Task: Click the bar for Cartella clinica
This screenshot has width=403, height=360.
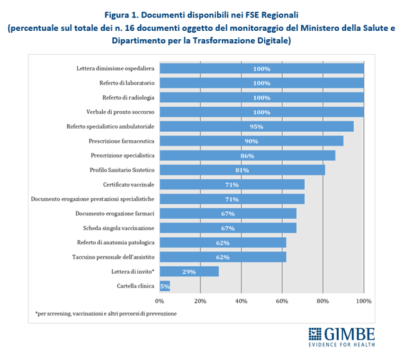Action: coord(165,285)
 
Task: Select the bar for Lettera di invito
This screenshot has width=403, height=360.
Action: coord(189,271)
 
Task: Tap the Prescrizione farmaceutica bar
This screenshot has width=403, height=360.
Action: coord(251,141)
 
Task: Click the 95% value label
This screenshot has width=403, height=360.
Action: coord(256,127)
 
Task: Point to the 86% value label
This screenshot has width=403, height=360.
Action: coord(247,156)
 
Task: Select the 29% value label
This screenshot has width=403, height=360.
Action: coord(189,271)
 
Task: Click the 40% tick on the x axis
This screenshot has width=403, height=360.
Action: coord(241,300)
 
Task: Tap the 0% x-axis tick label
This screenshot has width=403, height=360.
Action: coord(159,300)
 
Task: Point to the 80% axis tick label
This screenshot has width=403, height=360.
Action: coord(323,300)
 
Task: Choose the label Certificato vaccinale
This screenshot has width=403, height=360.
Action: coord(129,184)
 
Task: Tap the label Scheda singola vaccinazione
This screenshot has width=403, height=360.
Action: coord(118,228)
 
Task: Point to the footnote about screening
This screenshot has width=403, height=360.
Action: coord(106,313)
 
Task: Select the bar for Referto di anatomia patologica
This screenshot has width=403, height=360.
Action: coord(222,242)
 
